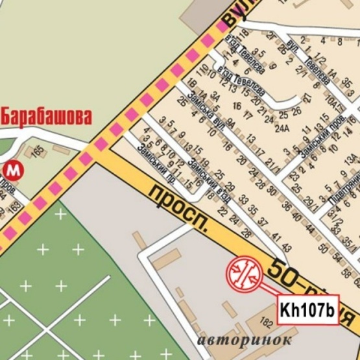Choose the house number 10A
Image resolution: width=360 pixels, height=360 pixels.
tap(333, 102)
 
